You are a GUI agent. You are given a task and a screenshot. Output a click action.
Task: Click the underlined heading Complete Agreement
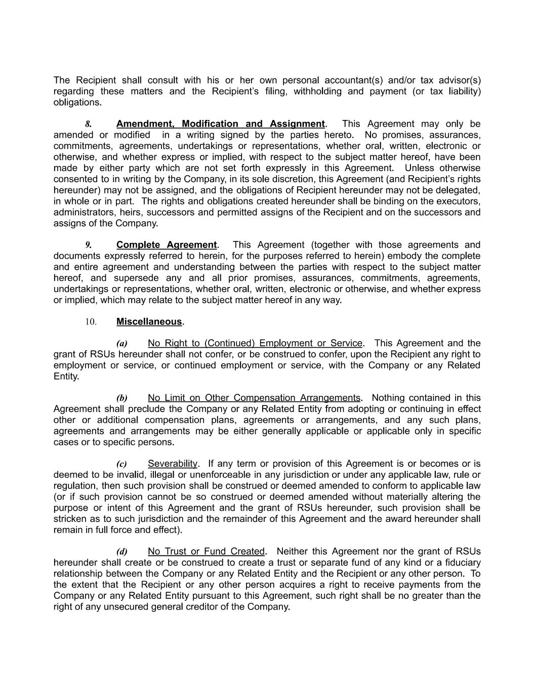[167, 245]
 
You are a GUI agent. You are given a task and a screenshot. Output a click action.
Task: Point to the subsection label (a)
[122, 344]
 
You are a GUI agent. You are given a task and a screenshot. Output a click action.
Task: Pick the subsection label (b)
[122, 398]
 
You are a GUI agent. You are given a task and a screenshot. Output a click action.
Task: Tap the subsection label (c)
[121, 464]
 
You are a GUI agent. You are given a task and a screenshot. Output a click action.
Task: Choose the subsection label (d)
[122, 552]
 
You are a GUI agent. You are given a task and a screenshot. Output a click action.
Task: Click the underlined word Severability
[173, 464]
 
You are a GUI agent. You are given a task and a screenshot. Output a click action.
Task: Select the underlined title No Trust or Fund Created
[207, 551]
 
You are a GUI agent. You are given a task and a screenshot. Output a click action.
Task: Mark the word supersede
[136, 278]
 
